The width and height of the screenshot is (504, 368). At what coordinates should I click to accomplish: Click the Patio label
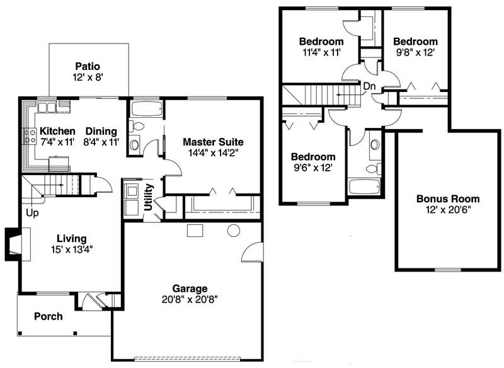pyautogui.click(x=88, y=67)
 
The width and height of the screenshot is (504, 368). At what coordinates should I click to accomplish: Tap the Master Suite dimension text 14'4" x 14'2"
pyautogui.click(x=213, y=152)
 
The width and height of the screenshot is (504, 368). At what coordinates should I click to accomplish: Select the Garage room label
pyautogui.click(x=190, y=289)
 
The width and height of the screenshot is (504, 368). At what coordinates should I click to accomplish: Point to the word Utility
pyautogui.click(x=148, y=197)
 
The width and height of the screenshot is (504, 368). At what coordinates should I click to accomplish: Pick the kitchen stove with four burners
pyautogui.click(x=30, y=136)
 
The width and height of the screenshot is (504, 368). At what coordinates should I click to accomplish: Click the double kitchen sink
pyautogui.click(x=47, y=106)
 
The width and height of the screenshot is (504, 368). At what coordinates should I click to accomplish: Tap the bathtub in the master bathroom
pyautogui.click(x=147, y=109)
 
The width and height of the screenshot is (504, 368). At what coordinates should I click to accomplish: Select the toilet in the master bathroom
pyautogui.click(x=137, y=126)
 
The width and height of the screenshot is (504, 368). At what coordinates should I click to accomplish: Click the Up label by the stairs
pyautogui.click(x=32, y=213)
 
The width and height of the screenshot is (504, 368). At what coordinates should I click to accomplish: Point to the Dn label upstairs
pyautogui.click(x=369, y=86)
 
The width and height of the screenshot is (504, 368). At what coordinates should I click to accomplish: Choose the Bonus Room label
pyautogui.click(x=448, y=198)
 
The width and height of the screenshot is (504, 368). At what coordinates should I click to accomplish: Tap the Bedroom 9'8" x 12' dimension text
pyautogui.click(x=415, y=52)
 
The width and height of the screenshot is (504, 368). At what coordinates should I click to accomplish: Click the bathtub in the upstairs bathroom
pyautogui.click(x=365, y=187)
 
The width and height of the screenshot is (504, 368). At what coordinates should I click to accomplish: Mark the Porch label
pyautogui.click(x=49, y=316)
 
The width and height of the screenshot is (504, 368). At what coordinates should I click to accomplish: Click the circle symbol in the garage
pyautogui.click(x=234, y=231)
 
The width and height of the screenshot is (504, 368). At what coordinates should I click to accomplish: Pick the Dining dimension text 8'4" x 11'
pyautogui.click(x=101, y=142)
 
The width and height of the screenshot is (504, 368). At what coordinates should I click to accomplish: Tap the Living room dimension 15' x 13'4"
pyautogui.click(x=72, y=249)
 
